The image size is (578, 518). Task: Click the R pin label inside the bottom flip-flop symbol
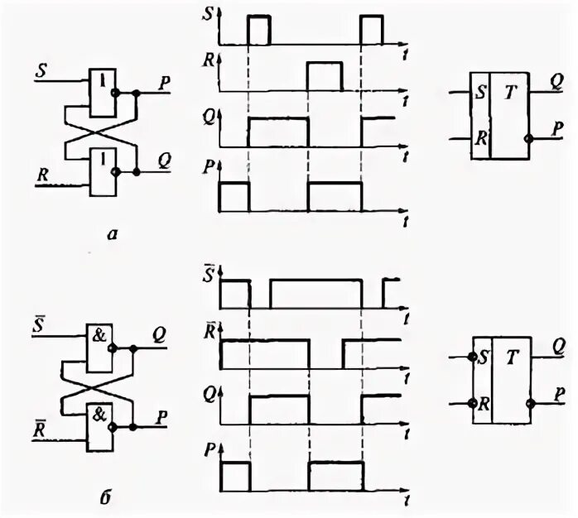481,403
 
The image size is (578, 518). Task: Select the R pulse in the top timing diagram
324,74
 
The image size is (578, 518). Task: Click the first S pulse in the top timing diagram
259,29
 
